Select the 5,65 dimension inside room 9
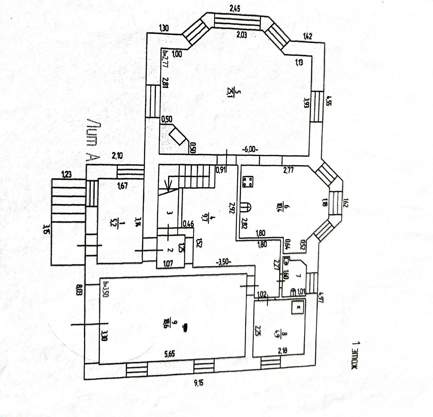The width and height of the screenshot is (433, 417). coord(169,354)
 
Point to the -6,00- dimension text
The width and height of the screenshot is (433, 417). coord(250,149)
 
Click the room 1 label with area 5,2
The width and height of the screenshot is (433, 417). coord(116,225)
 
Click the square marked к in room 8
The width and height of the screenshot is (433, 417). coord(298,308)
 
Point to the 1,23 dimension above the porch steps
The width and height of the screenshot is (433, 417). coord(66,175)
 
